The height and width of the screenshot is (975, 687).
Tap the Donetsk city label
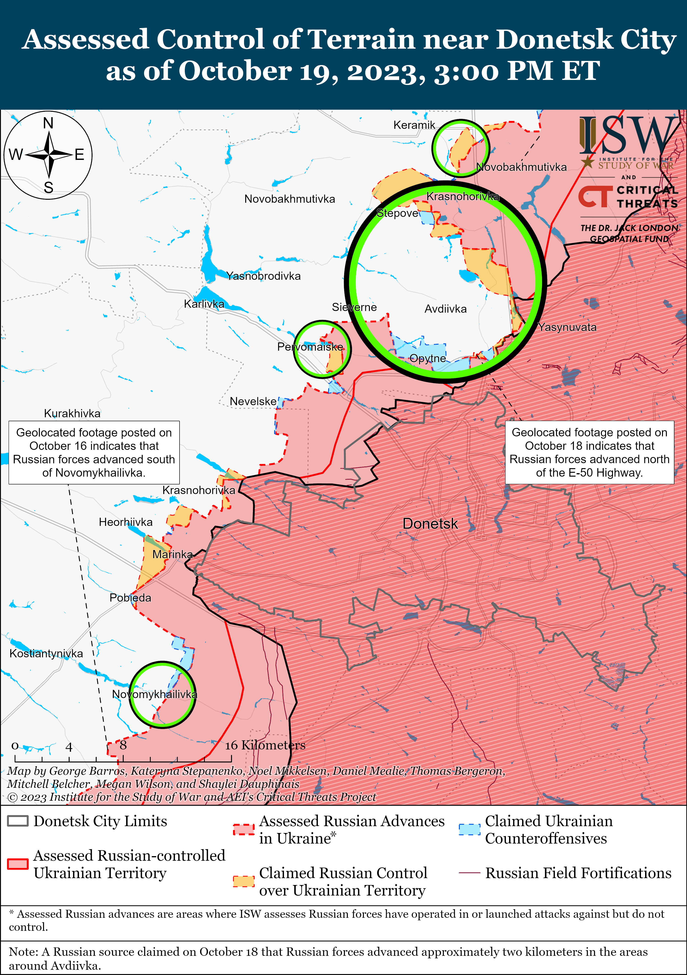tap(430, 524)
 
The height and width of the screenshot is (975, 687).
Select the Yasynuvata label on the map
tap(567, 327)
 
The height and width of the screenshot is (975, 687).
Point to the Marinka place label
tap(172, 554)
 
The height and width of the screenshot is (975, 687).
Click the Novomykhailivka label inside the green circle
tap(155, 694)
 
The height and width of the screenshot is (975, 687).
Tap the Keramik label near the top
tap(414, 125)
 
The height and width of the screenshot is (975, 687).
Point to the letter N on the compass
tap(48, 123)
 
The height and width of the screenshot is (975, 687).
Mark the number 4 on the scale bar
tap(69, 747)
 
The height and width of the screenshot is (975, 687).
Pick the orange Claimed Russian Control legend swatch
tap(243, 881)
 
